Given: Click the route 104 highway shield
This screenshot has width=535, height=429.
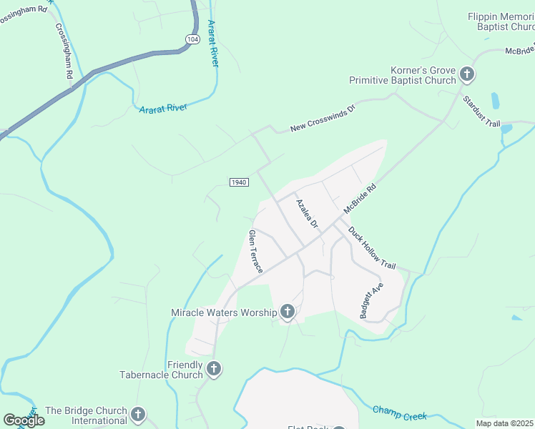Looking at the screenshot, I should click(191, 40).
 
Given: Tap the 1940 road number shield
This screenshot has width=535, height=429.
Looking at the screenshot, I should click(239, 182).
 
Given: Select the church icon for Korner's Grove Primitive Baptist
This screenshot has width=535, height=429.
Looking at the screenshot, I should click(467, 74).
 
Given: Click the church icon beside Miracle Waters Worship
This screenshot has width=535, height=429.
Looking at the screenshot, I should click(288, 311).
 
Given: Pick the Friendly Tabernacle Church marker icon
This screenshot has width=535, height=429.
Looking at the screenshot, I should click(213, 369).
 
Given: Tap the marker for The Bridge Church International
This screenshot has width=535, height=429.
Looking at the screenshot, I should click(137, 414).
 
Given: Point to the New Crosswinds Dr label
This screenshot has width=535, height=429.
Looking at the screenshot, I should click(322, 119).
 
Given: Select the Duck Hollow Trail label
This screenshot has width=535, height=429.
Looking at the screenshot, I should click(371, 248).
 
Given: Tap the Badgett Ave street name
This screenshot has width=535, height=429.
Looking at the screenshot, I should click(372, 300).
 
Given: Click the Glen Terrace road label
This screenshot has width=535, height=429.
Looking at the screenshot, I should click(255, 251).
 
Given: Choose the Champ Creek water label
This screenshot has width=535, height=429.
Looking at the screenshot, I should click(399, 413).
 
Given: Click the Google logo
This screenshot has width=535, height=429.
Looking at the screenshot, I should click(24, 420).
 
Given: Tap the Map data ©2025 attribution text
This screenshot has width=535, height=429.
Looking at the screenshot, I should click(505, 423).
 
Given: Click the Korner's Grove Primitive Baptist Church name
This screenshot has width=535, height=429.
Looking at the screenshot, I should click(402, 75).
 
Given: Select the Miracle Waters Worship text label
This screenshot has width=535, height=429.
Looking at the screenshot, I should click(224, 312).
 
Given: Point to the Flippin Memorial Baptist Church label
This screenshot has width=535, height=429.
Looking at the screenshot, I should click(501, 21).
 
